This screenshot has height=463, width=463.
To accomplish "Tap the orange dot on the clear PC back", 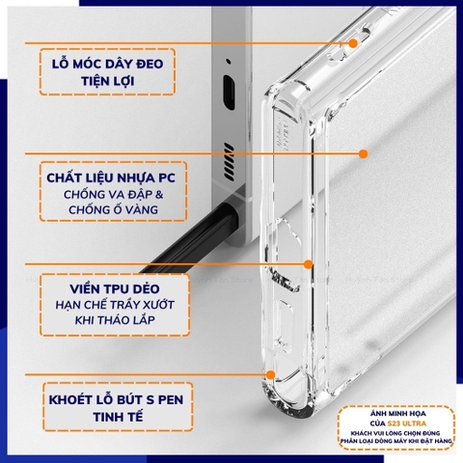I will pos(364,153).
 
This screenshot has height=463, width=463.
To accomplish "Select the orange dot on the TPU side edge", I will pos(307,262).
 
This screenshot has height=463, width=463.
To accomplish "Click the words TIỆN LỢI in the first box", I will pos(107,82).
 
